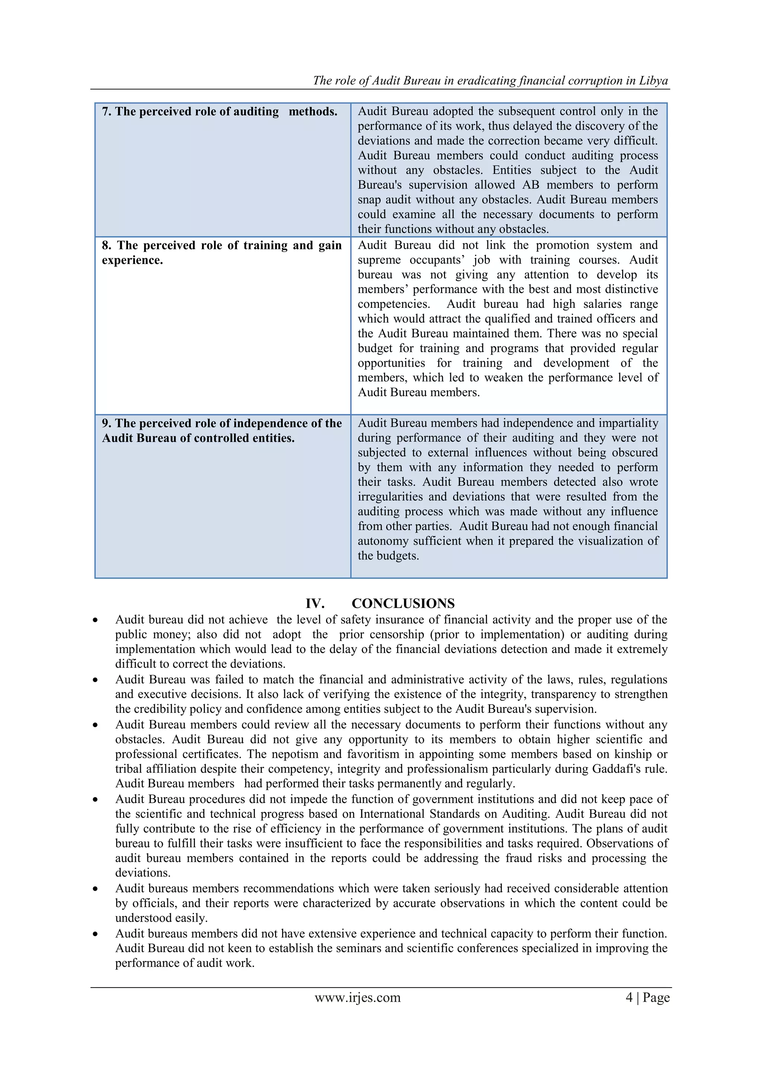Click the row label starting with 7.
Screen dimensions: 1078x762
(x=220, y=112)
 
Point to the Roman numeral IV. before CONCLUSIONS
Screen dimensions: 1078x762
(x=315, y=603)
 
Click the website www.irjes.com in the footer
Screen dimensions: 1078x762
(x=358, y=997)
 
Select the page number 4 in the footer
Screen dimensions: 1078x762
(x=629, y=997)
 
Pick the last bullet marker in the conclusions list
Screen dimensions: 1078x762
(x=95, y=934)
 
